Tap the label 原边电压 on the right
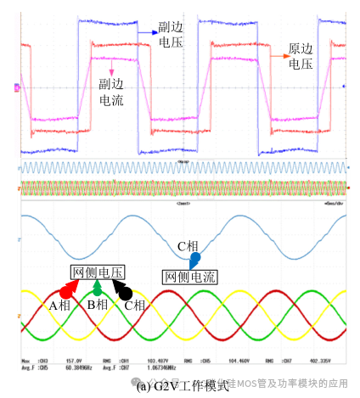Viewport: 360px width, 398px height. [300, 56]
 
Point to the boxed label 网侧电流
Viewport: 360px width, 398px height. [189, 277]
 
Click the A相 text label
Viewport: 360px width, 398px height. [59, 304]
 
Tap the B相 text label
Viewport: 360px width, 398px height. [96, 304]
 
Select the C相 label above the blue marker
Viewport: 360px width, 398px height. [187, 247]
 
